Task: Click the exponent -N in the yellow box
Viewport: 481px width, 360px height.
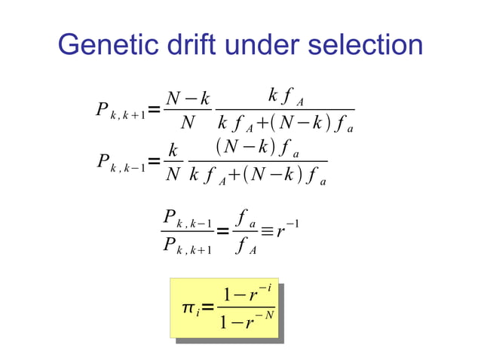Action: click(x=265, y=314)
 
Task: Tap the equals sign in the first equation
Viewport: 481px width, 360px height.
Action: click(x=153, y=111)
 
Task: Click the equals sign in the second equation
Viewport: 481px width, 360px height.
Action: click(x=153, y=161)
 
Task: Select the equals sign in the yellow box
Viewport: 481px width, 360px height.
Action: click(x=208, y=307)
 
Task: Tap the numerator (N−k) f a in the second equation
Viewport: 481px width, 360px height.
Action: click(x=256, y=148)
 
